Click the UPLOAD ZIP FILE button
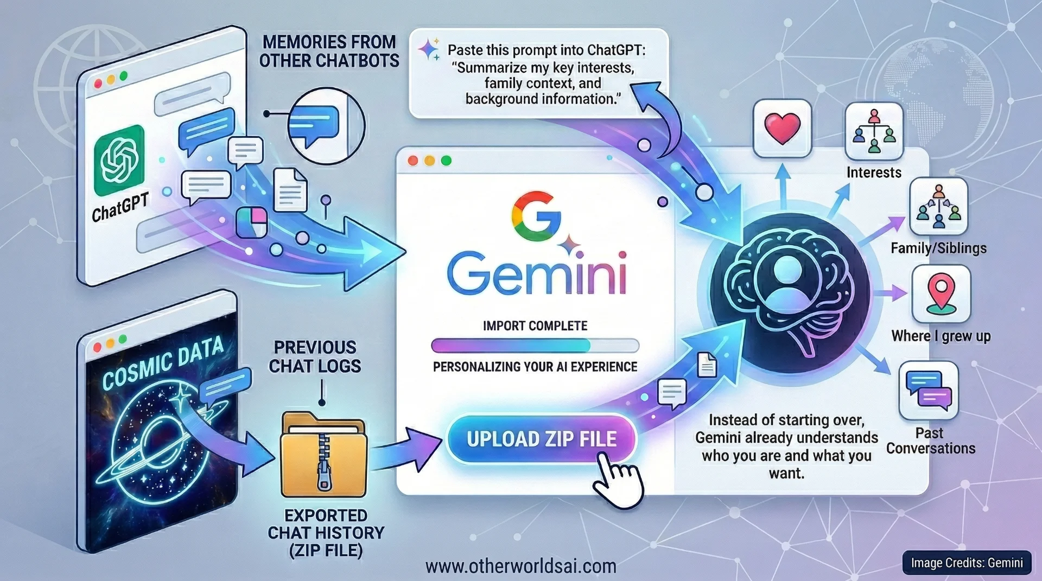541,439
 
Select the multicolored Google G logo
536,216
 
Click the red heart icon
782,129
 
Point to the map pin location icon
941,293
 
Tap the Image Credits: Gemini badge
967,563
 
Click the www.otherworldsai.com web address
520,566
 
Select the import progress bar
535,346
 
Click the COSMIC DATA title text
163,362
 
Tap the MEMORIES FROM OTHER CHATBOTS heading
329,51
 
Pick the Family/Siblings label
938,248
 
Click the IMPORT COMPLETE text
535,325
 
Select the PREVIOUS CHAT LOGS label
315,356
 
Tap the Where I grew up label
941,336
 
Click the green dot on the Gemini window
446,161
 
